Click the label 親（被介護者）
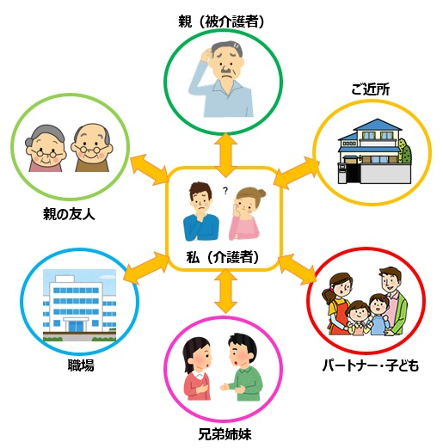(x=221, y=21)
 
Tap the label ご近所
(x=371, y=90)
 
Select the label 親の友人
(x=69, y=214)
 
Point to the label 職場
(x=81, y=365)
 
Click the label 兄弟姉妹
(x=225, y=434)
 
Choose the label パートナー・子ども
(x=371, y=365)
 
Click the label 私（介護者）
(x=223, y=257)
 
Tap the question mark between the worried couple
(x=225, y=191)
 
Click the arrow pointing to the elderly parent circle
(x=225, y=155)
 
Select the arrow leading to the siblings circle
(x=225, y=291)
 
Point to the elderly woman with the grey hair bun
(x=46, y=148)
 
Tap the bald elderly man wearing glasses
(x=92, y=148)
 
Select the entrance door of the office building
(x=76, y=326)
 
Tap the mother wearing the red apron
(x=338, y=304)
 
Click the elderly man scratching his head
(x=221, y=79)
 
